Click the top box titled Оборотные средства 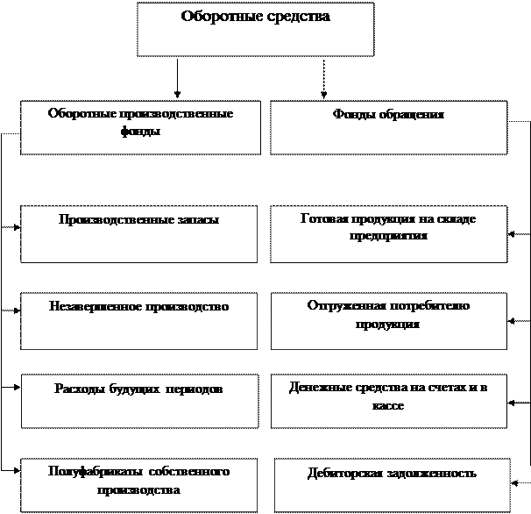pyautogui.click(x=255, y=30)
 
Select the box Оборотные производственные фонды pyautogui.click(x=139, y=128)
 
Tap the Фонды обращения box pyautogui.click(x=388, y=126)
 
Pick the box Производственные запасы pyautogui.click(x=139, y=234)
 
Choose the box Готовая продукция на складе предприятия pyautogui.click(x=388, y=234)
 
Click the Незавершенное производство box pyautogui.click(x=139, y=321)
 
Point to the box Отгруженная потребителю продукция pyautogui.click(x=388, y=321)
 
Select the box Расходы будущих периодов pyautogui.click(x=139, y=401)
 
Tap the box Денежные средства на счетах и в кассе pyautogui.click(x=388, y=401)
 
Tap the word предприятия pyautogui.click(x=387, y=236)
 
